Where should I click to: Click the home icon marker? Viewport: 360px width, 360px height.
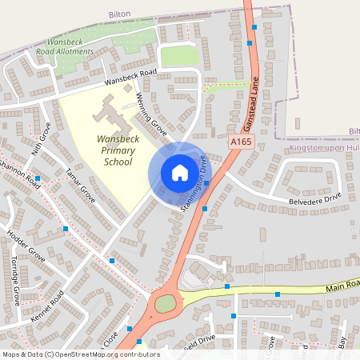pyautogui.click(x=179, y=173)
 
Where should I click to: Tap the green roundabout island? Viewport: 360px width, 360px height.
pyautogui.click(x=166, y=304)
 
